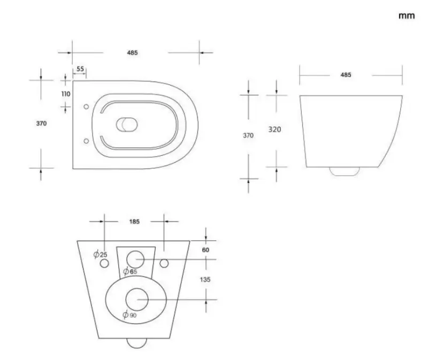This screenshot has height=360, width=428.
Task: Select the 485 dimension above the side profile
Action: (346, 75)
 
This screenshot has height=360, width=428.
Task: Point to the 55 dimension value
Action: (80, 69)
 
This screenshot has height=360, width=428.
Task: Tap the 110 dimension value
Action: (66, 94)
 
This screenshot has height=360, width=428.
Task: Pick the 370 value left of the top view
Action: (42, 123)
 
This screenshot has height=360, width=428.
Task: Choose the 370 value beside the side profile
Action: (248, 136)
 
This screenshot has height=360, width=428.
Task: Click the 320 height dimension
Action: (275, 129)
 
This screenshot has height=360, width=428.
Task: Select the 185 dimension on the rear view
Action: (134, 221)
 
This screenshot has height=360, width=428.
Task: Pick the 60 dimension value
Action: (206, 249)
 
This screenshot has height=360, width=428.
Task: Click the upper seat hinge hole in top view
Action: (87, 106)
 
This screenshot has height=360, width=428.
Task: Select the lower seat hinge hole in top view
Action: (87, 142)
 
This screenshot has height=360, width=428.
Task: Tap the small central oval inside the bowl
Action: (127, 124)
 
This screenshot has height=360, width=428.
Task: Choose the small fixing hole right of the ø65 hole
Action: (164, 263)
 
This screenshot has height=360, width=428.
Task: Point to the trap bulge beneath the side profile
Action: (345, 171)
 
